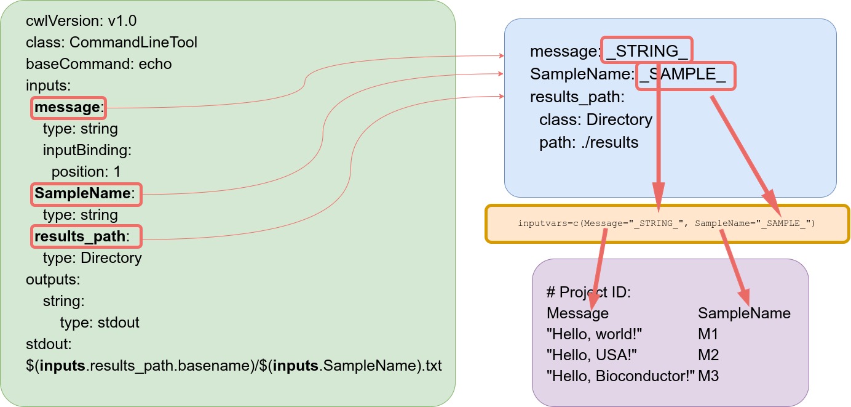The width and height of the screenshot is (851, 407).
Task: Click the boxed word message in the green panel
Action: tap(68, 108)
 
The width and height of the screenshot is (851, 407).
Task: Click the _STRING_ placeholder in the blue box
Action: tap(646, 50)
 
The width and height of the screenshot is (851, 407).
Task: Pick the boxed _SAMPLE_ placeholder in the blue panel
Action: tap(685, 76)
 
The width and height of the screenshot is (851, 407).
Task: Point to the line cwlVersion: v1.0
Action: tap(81, 22)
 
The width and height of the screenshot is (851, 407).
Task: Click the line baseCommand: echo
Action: tap(99, 64)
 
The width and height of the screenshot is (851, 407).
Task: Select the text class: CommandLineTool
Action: tap(111, 42)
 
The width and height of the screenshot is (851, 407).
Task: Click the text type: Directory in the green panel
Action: tap(92, 257)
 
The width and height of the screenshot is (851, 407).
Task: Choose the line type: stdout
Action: tap(100, 322)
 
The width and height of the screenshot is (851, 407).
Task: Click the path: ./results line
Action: tap(589, 143)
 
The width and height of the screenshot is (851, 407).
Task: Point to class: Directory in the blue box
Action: tap(595, 119)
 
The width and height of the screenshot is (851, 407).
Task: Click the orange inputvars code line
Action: tap(667, 224)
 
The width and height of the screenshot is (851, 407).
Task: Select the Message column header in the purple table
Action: tap(577, 313)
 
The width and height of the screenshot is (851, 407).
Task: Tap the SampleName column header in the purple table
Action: tap(744, 313)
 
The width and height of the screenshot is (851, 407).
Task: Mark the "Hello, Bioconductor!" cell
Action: tap(620, 376)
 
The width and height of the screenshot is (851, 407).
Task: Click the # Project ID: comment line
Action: tap(588, 292)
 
